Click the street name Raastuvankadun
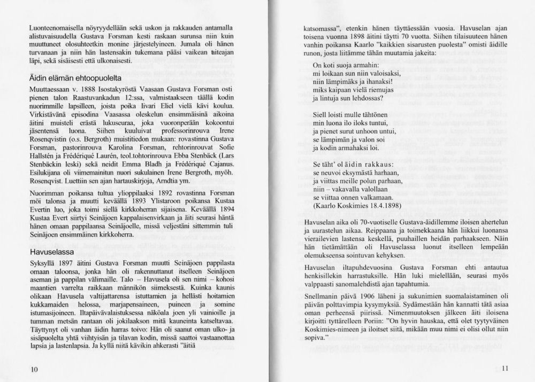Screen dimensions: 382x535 point(96,98)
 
